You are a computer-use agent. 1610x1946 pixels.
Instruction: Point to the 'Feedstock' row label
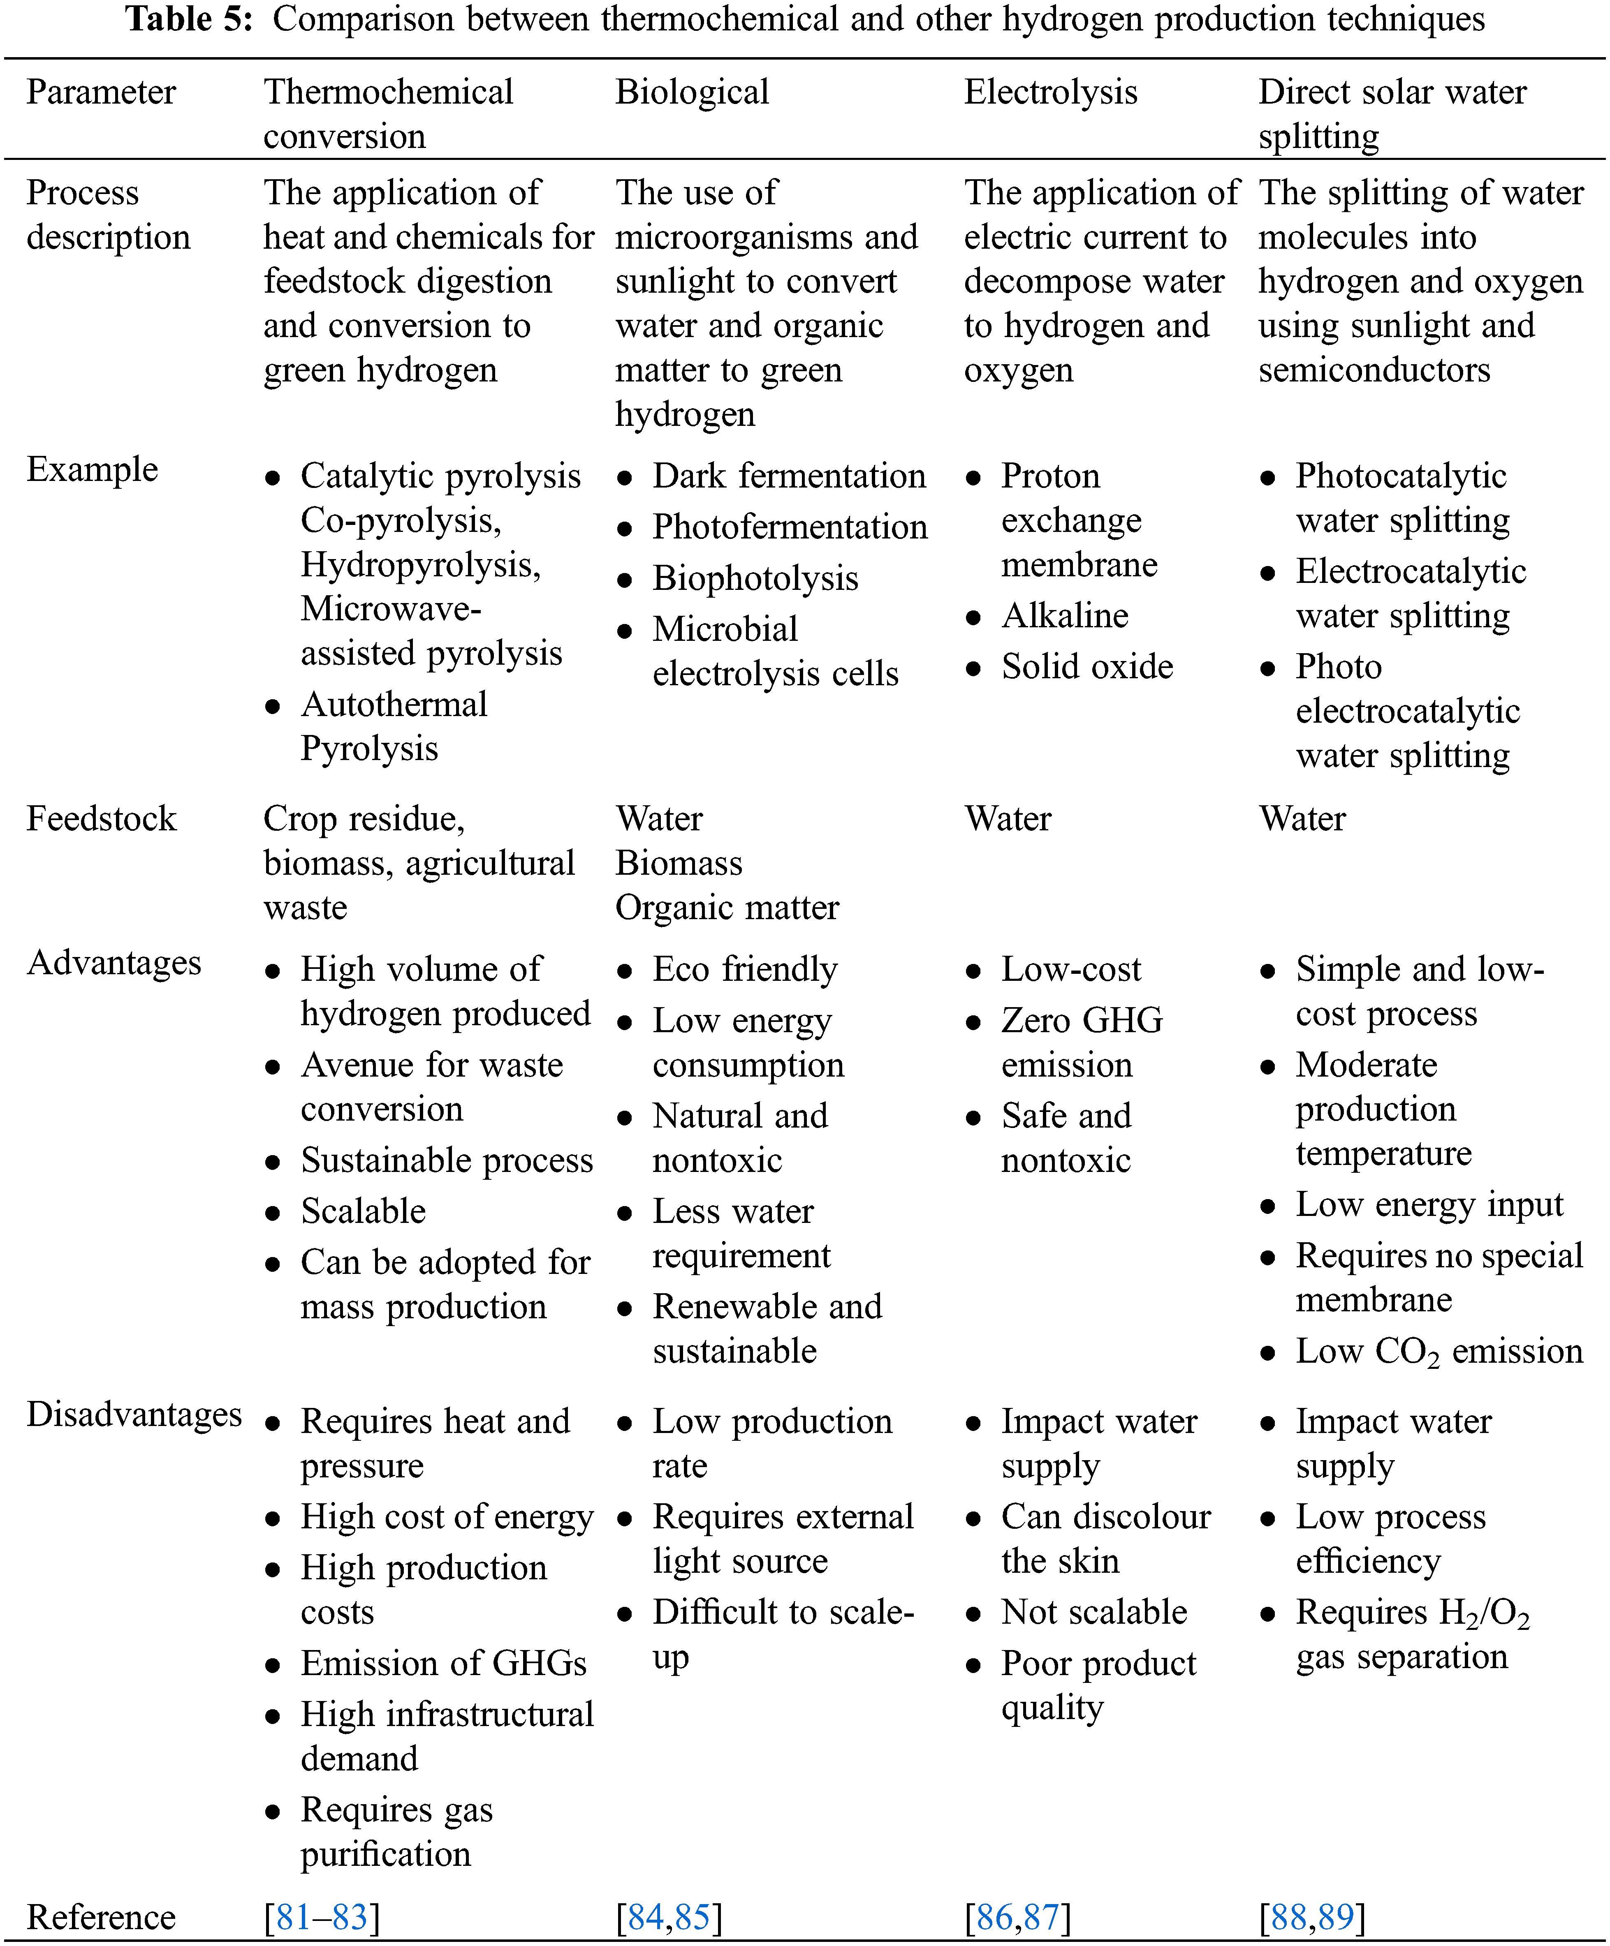point(101,818)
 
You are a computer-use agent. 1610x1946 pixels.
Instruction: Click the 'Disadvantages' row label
point(134,1414)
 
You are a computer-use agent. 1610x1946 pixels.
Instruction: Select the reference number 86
point(994,1916)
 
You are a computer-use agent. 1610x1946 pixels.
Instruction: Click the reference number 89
point(1336,1916)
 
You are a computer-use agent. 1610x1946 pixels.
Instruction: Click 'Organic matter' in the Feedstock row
point(727,907)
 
